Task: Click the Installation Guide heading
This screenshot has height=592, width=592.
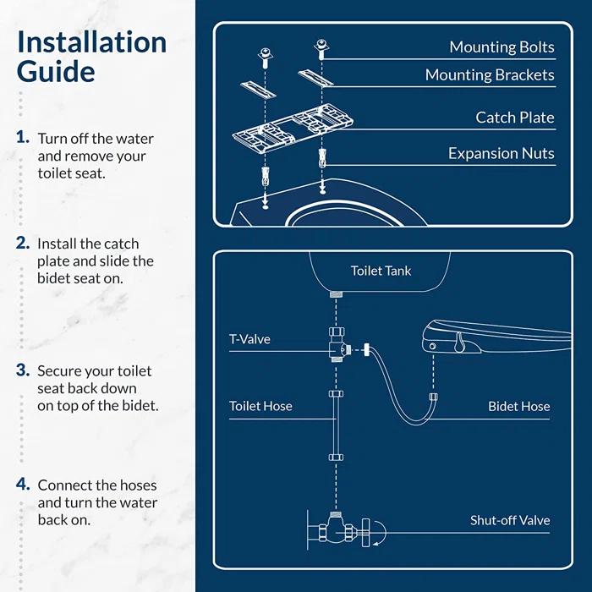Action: coord(91,57)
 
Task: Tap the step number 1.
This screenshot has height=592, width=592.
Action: coord(24,137)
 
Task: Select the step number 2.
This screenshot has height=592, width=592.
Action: coord(24,243)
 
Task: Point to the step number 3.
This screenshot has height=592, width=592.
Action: coord(24,370)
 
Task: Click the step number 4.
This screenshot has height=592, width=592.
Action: coord(24,485)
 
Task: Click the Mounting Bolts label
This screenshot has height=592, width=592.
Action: coord(502,47)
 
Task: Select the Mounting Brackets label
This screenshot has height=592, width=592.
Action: coord(490,75)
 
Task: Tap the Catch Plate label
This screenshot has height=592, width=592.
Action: coord(514,118)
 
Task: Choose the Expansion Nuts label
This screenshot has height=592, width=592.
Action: coord(501,153)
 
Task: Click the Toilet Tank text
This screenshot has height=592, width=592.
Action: coord(381,271)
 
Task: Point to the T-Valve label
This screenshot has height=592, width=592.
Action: coord(249,339)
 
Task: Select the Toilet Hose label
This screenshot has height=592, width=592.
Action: coord(260,406)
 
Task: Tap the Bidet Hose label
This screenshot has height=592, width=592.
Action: coord(518,406)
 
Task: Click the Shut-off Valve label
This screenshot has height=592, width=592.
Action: coord(510,520)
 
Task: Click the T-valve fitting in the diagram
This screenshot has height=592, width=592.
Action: coord(337,348)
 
